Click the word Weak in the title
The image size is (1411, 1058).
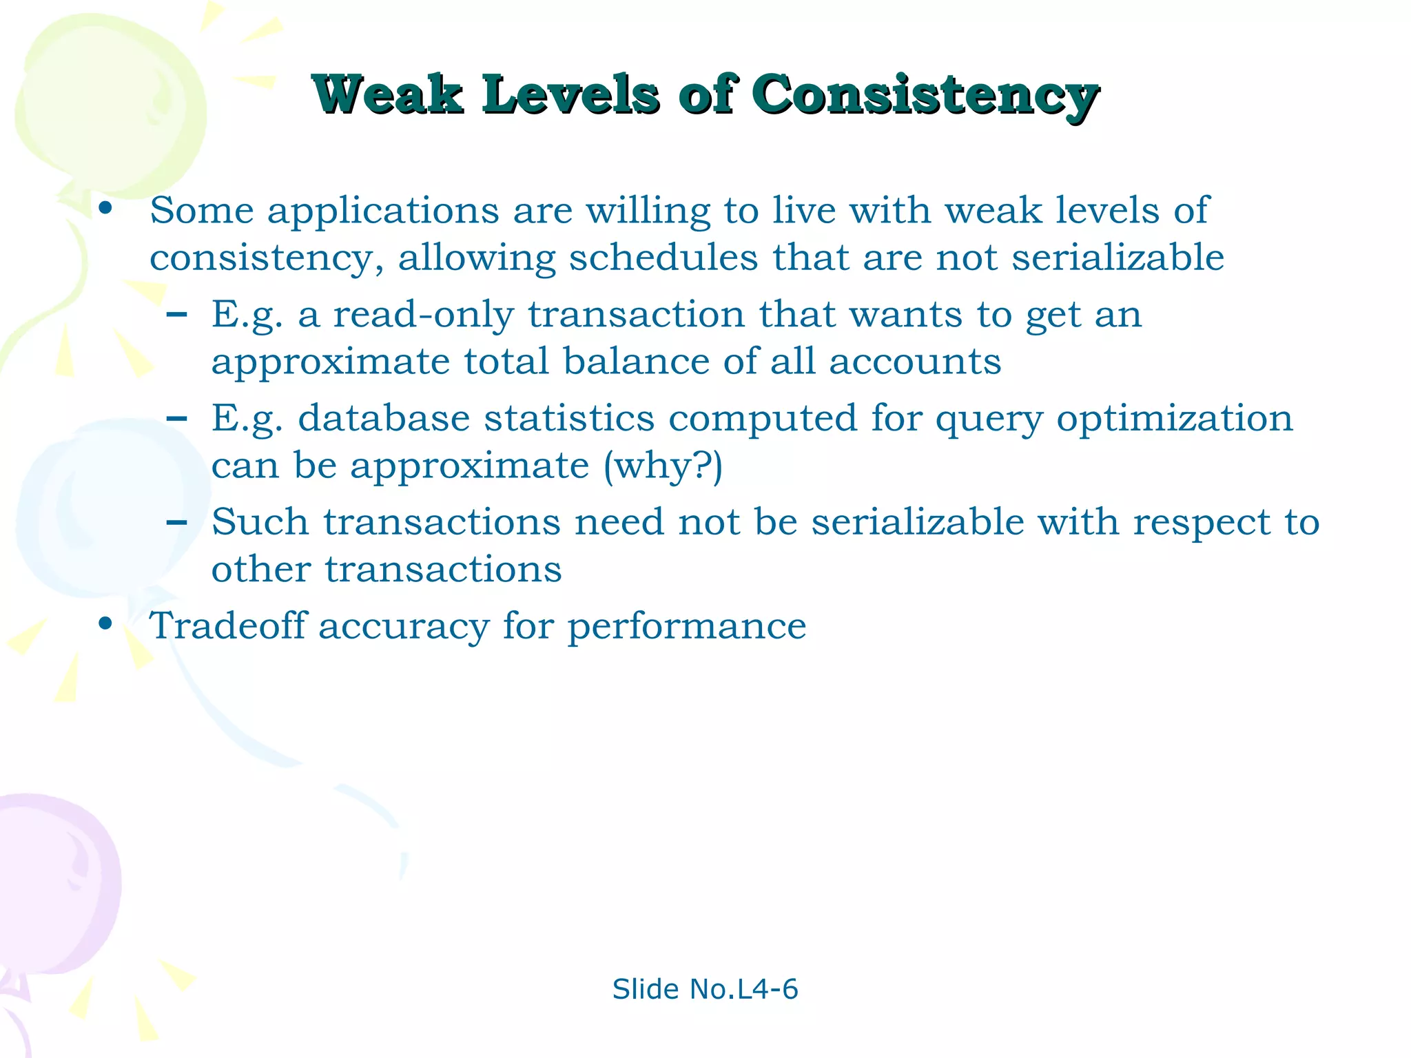click(x=387, y=94)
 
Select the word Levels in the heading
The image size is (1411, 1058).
click(x=570, y=94)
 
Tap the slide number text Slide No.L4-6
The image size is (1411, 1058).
click(x=705, y=989)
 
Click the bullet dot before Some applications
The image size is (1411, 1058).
click(x=105, y=209)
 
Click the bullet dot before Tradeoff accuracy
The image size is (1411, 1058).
click(x=105, y=624)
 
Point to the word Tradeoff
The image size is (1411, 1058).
click(x=227, y=625)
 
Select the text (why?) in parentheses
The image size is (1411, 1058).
click(x=663, y=466)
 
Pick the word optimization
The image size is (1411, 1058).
click(x=1174, y=419)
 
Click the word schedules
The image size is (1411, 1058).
click(x=663, y=258)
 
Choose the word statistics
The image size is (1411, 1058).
click(x=569, y=418)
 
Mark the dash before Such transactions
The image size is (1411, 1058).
click(x=177, y=522)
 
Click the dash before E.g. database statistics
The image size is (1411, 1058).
click(x=177, y=418)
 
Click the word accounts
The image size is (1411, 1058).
click(x=915, y=361)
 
